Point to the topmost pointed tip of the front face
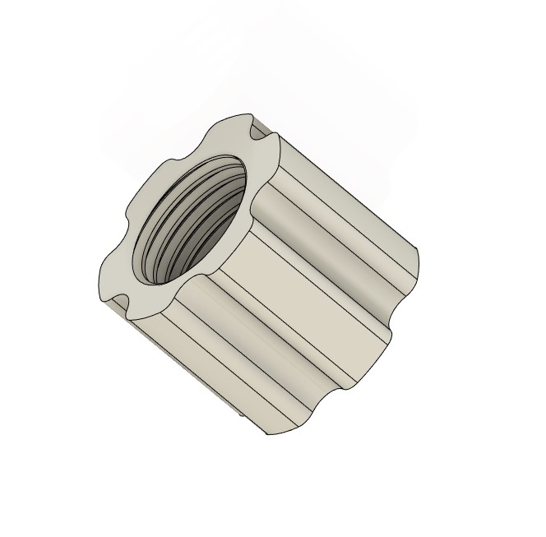coord(245,113)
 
